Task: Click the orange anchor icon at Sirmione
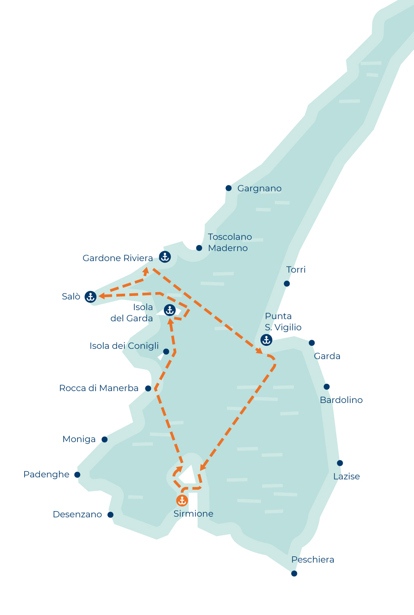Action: point(182,500)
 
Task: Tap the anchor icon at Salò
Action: point(91,296)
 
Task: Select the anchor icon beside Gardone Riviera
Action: point(165,257)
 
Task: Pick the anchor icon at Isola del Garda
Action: point(170,310)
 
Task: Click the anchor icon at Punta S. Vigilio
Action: point(266,340)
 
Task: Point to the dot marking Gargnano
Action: point(229,188)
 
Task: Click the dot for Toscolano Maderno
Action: point(199,248)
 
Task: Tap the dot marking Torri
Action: point(287,284)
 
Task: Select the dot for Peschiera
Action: point(294,574)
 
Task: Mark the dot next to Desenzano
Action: point(111,515)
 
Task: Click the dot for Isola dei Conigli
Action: point(166,352)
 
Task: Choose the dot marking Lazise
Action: point(340,463)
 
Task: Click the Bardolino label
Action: point(341,400)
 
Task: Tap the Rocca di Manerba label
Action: point(99,388)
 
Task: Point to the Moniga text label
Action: point(79,439)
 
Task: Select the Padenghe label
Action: point(46,474)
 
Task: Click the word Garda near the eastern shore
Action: point(327,356)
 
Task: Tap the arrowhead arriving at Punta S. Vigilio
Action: point(259,351)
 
